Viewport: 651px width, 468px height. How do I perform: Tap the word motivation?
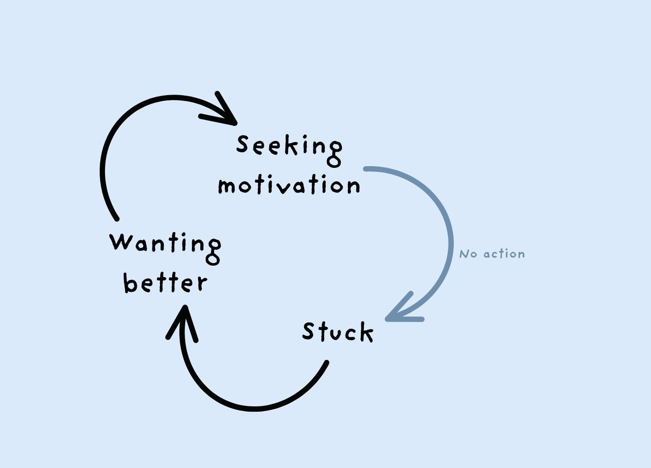point(289,185)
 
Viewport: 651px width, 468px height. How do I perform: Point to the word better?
point(165,283)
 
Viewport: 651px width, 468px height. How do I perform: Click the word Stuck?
point(338,332)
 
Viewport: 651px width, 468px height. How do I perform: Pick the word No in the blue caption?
point(468,254)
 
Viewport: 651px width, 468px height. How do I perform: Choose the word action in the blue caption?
point(504,254)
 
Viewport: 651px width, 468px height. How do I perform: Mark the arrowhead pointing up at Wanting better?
point(182,319)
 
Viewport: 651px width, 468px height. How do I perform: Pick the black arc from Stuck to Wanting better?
point(250,408)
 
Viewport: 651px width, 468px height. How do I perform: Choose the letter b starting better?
point(131,283)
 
